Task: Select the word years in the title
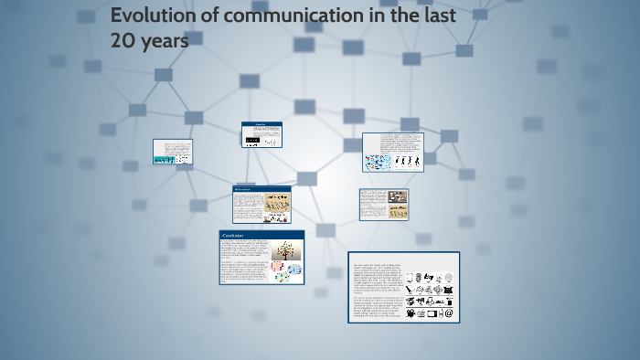pos(165,41)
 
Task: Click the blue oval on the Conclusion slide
pos(293,268)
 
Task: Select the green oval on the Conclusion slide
pos(284,277)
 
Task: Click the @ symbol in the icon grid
pos(448,313)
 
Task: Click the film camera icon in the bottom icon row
pos(411,313)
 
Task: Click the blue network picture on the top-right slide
pos(377,163)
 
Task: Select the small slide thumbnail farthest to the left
pos(172,152)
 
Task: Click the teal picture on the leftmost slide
pos(164,160)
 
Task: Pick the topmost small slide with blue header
pos(261,134)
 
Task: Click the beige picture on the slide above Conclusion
pos(277,206)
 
